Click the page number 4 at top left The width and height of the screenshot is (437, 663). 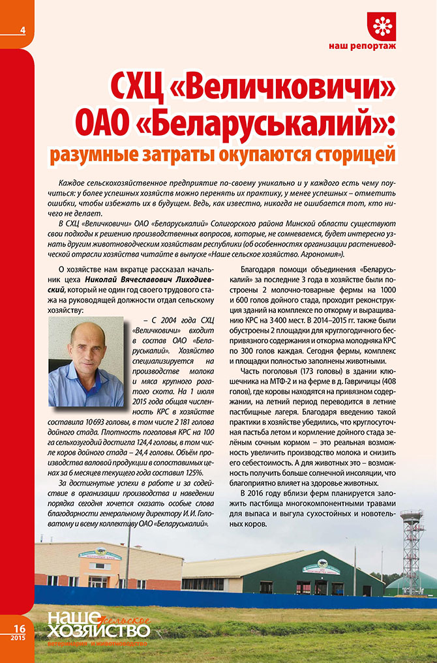point(23,31)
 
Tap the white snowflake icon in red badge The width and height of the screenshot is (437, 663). point(382,25)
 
